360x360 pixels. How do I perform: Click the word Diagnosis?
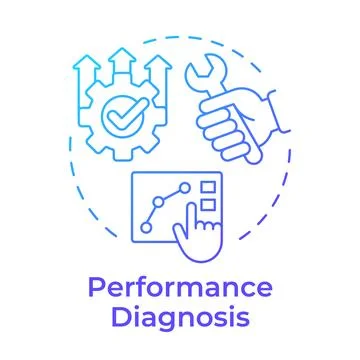(x=180, y=319)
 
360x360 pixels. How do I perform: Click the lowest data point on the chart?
(x=146, y=227)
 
